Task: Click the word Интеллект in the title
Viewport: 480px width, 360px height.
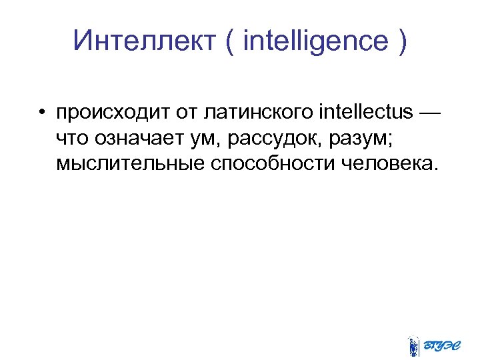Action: pos(143,41)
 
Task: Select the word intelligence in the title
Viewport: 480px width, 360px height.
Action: pos(316,41)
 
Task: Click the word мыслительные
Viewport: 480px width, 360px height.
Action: pos(130,163)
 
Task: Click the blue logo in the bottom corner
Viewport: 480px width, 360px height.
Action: pos(431,344)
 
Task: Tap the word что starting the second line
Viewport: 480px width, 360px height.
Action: pos(73,137)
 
